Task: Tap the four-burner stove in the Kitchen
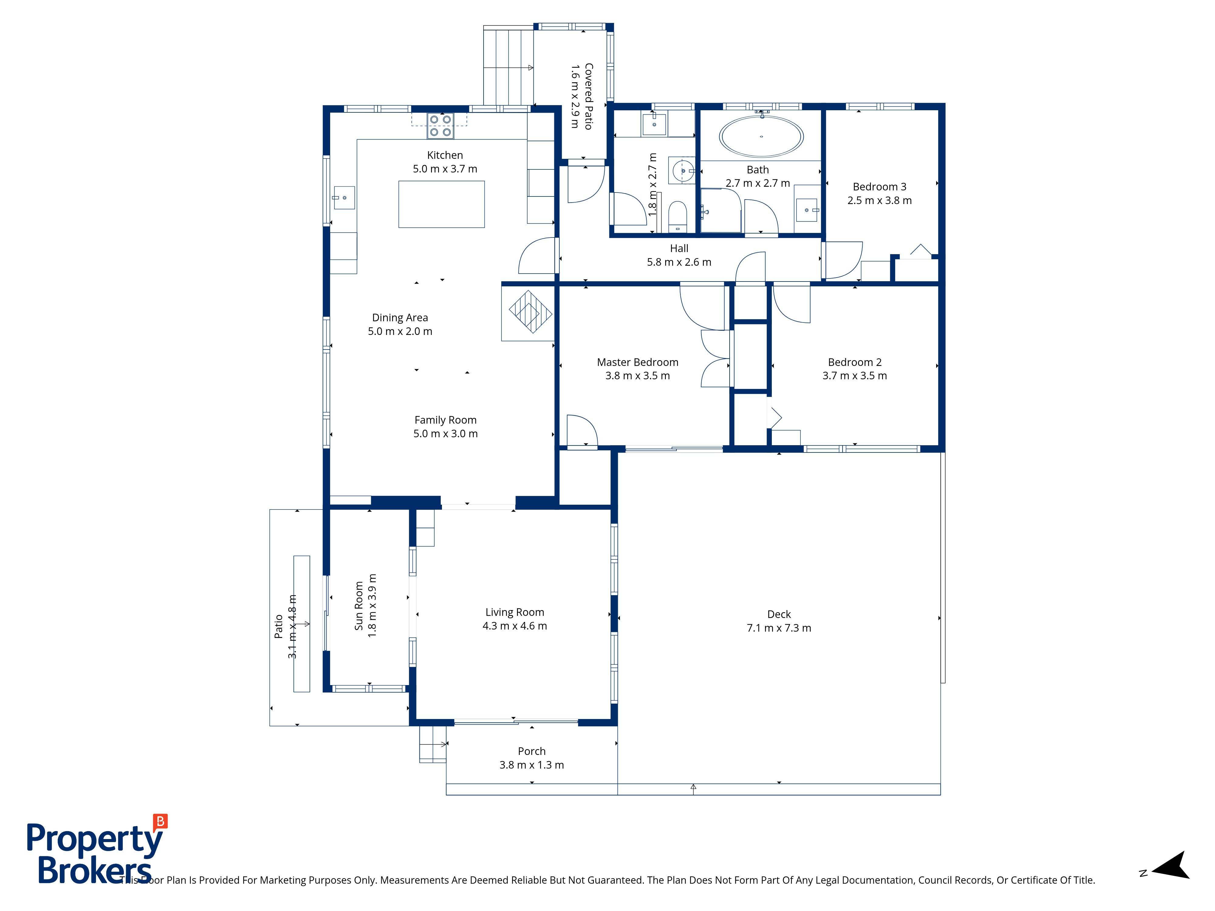pyautogui.click(x=440, y=126)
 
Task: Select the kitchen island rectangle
pyautogui.click(x=442, y=204)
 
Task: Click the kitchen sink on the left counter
pyautogui.click(x=344, y=198)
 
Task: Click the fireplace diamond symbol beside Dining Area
pyautogui.click(x=530, y=312)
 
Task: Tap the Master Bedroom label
pyautogui.click(x=638, y=362)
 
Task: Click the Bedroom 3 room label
pyautogui.click(x=879, y=187)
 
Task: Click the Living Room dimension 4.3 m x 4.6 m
pyautogui.click(x=515, y=626)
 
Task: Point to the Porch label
pyautogui.click(x=532, y=751)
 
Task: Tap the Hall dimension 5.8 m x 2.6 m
pyautogui.click(x=679, y=262)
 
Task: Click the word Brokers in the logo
pyautogui.click(x=94, y=870)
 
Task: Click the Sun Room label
pyautogui.click(x=359, y=606)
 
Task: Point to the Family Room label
pyautogui.click(x=446, y=420)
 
